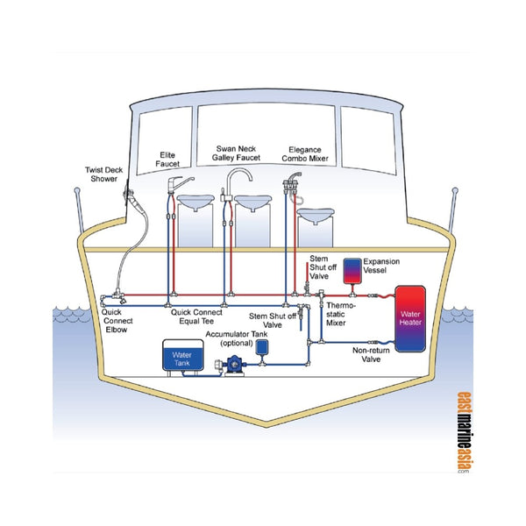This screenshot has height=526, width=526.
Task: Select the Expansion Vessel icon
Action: tap(352, 270)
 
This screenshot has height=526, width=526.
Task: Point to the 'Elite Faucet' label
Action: tap(167, 158)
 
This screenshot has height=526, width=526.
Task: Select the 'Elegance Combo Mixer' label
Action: tap(307, 154)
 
